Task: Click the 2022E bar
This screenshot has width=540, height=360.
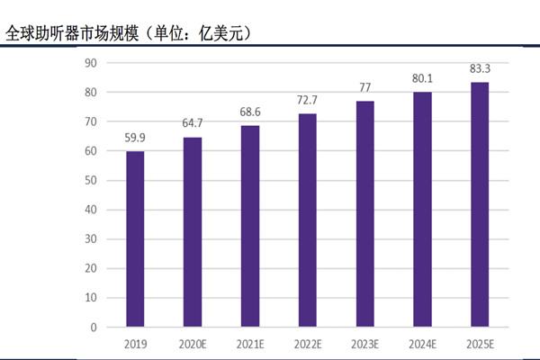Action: tap(307, 220)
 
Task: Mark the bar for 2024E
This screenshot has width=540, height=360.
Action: tap(422, 210)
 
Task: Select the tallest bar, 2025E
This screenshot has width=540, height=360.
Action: tap(480, 204)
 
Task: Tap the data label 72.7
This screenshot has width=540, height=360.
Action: tap(307, 101)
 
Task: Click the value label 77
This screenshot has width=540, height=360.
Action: tap(364, 88)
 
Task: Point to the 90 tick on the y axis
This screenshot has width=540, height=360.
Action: tap(91, 63)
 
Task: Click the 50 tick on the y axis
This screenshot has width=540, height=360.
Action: tap(91, 181)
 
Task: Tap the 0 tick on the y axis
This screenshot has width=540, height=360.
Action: tap(94, 328)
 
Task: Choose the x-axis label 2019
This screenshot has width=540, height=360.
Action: tap(134, 344)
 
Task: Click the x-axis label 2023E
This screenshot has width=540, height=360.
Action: tap(364, 344)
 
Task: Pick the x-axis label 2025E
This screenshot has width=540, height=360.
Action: tap(480, 344)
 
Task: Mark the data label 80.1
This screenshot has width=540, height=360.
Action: tap(422, 78)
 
